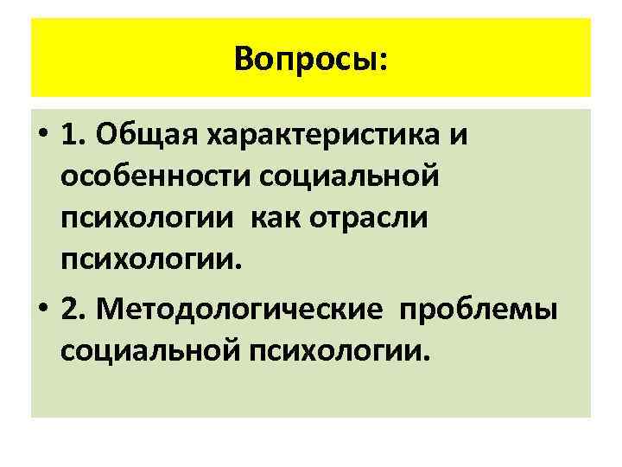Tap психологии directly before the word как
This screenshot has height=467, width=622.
[148, 219]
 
